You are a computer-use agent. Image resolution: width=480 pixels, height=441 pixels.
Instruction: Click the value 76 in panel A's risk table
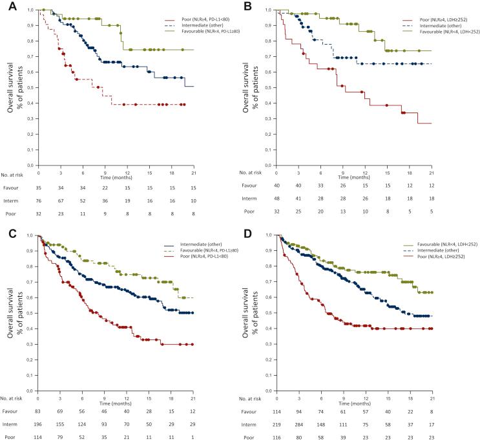pyautogui.click(x=39, y=200)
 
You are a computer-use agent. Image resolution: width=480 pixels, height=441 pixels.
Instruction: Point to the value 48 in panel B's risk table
pyautogui.click(x=276, y=200)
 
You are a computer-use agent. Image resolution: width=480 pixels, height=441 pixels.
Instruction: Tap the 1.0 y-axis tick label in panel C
pyautogui.click(x=30, y=235)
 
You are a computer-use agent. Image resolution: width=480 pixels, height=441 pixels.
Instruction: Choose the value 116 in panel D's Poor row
pyautogui.click(x=276, y=437)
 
